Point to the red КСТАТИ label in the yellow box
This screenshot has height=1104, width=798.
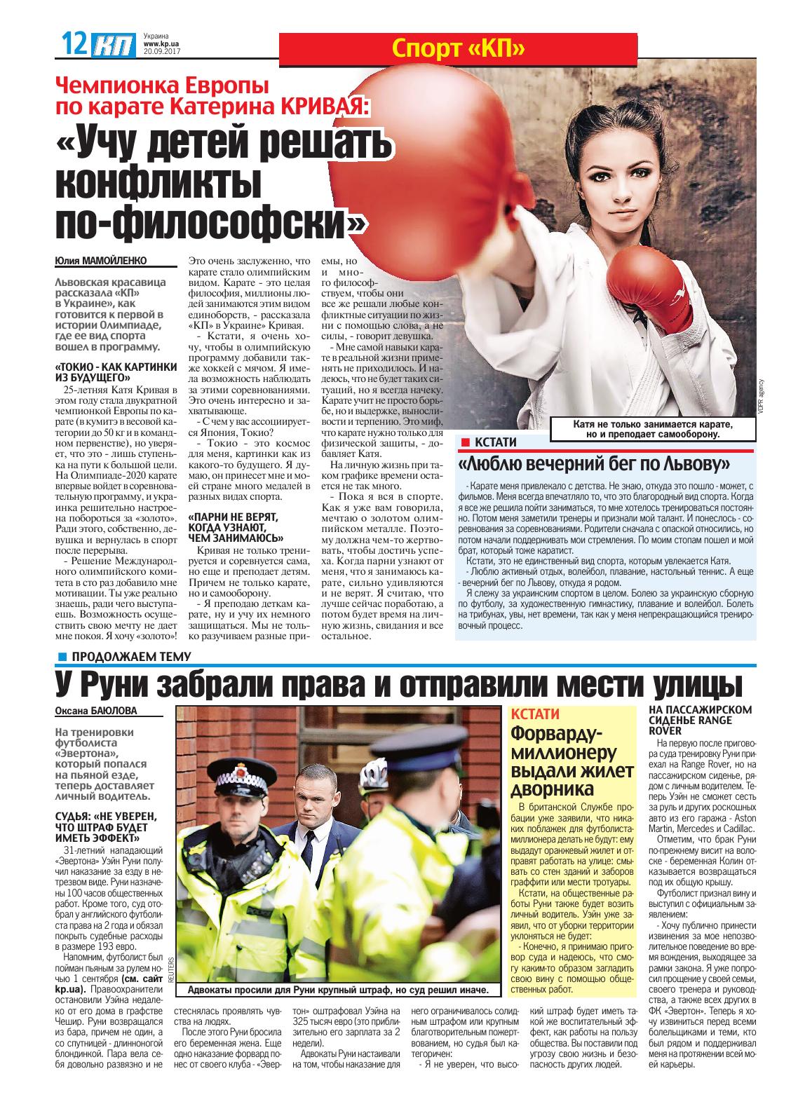pos(536,714)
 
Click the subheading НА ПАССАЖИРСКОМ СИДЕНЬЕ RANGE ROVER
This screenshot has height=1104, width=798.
pos(700,720)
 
